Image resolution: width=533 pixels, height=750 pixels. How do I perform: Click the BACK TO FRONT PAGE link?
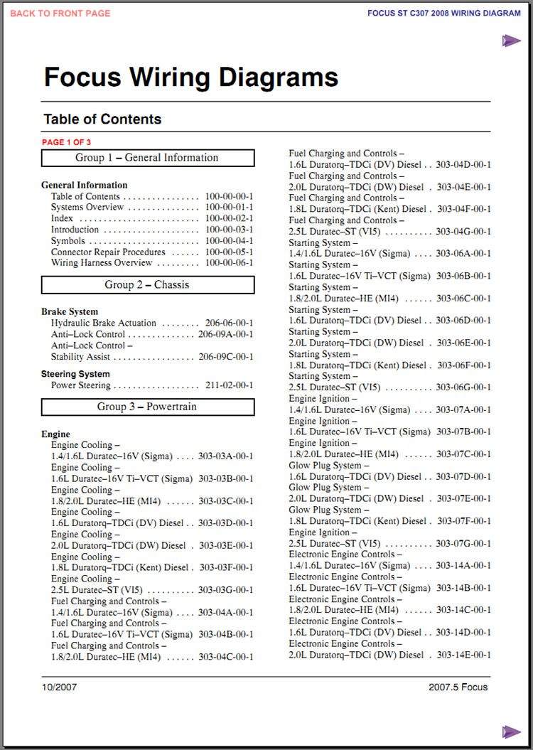tap(60, 14)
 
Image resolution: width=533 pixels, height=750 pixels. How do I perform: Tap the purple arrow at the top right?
tap(511, 41)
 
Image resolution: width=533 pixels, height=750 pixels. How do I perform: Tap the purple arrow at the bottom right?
tap(511, 732)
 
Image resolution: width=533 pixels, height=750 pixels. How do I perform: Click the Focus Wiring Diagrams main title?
tap(191, 77)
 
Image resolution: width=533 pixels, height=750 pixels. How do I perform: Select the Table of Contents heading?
tap(102, 119)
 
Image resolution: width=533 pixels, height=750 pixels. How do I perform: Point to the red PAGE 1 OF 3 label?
tap(66, 142)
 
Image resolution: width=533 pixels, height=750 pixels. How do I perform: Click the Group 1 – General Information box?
tap(147, 158)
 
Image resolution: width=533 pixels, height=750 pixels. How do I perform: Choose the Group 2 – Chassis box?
tap(147, 285)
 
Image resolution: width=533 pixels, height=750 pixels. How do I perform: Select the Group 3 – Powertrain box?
tap(147, 407)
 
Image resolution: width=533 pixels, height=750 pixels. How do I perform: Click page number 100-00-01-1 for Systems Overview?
tap(229, 208)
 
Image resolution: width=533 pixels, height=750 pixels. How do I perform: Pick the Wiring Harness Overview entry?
tap(102, 263)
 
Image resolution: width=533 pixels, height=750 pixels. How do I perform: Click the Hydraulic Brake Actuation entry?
tap(104, 323)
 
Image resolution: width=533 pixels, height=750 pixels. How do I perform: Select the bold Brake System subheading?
tap(70, 311)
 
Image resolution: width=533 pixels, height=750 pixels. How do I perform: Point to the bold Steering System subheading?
tap(75, 374)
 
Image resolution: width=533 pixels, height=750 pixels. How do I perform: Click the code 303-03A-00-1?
tap(225, 456)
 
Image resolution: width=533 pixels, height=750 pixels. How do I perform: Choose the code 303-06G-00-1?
tap(463, 387)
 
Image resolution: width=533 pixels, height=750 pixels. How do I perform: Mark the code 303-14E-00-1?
tap(463, 655)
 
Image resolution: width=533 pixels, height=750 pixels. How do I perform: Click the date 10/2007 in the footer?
tap(60, 687)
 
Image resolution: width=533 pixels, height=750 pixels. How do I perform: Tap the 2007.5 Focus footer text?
tap(458, 687)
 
